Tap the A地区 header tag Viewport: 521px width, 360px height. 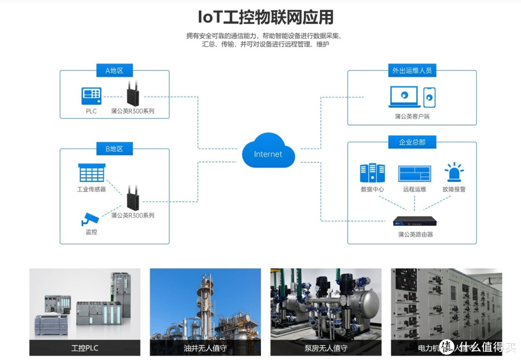[x=114, y=70]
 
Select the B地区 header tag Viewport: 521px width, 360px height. [x=114, y=149]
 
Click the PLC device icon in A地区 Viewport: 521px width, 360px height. [x=91, y=96]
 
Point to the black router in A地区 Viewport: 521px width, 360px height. [x=133, y=94]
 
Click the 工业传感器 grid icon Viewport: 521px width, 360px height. [x=92, y=173]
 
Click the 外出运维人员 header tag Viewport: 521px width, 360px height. [x=411, y=70]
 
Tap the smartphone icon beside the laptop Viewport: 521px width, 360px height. [x=429, y=97]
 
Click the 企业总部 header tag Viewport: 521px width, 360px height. [x=411, y=142]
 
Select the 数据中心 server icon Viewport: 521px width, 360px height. [x=372, y=173]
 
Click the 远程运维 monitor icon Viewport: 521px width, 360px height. [x=414, y=173]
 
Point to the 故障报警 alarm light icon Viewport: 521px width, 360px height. [x=454, y=172]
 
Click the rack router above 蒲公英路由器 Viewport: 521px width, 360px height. [x=414, y=221]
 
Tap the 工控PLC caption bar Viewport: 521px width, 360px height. [x=85, y=348]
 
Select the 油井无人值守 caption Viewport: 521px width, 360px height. [x=205, y=348]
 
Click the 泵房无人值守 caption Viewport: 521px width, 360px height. [x=326, y=348]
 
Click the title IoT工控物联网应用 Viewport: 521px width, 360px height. [x=266, y=17]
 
